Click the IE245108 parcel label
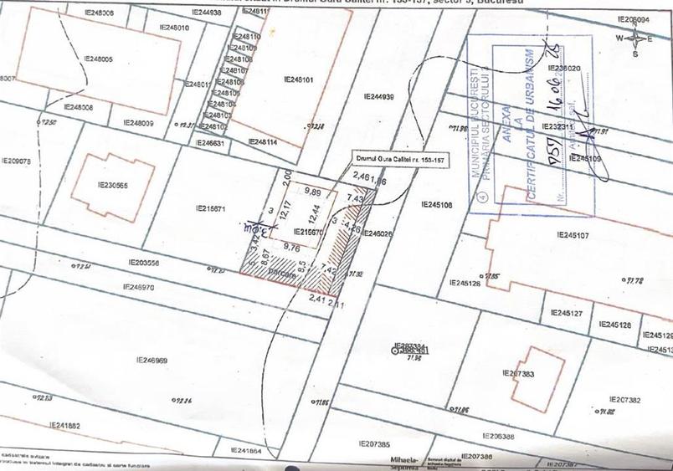(x=437, y=205)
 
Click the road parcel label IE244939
(x=379, y=97)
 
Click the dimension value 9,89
(x=313, y=192)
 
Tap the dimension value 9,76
(x=292, y=247)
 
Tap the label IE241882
(x=64, y=426)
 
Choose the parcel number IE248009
(x=139, y=123)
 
